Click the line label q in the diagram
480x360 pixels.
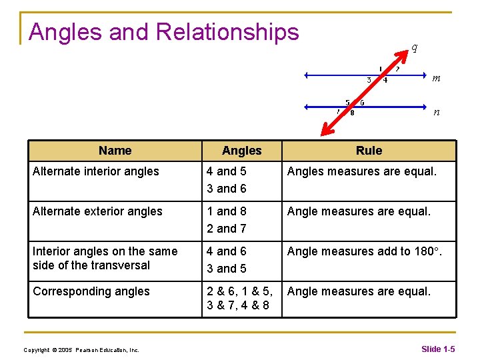(414, 47)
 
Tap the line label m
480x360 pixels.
(436, 78)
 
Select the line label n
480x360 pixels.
(436, 111)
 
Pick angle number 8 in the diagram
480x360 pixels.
(352, 112)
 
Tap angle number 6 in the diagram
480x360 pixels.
(362, 103)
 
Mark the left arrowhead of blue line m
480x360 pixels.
(306, 75)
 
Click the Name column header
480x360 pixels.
(115, 151)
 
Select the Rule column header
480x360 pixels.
(369, 151)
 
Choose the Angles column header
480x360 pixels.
(241, 151)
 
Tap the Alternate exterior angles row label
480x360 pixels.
(97, 211)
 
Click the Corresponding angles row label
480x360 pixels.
(91, 291)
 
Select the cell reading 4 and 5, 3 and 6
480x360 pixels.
(227, 180)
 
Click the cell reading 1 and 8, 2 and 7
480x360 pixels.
(227, 220)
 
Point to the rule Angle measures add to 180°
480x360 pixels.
(364, 251)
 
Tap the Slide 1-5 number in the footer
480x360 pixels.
(438, 349)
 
